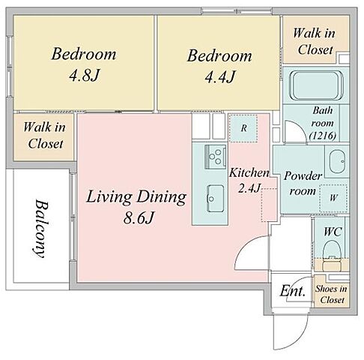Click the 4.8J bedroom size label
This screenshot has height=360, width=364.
tap(85, 75)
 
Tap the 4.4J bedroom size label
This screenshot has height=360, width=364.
tap(219, 76)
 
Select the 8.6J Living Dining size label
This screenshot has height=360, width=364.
tap(138, 218)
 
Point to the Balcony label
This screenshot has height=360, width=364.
tap(40, 228)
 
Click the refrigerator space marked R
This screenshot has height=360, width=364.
tap(243, 128)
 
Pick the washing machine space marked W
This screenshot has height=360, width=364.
tap(333, 198)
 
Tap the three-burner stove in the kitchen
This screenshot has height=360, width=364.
tap(216, 157)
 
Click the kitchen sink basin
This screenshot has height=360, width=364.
tap(215, 198)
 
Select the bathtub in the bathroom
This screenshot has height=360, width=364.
tap(316, 85)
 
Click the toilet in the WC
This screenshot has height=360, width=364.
tap(332, 255)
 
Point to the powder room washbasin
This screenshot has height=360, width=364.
tap(337, 161)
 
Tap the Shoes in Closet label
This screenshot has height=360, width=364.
tap(331, 294)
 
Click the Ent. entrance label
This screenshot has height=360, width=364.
tap(293, 291)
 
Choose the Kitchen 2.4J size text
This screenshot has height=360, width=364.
tap(249, 180)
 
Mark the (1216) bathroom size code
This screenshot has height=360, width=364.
tap(323, 136)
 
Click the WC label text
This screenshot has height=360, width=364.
tap(333, 232)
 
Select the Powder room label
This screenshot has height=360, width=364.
tap(303, 184)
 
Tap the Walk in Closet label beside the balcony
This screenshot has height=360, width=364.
tap(45, 135)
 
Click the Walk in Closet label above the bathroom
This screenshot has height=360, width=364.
tap(314, 41)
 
